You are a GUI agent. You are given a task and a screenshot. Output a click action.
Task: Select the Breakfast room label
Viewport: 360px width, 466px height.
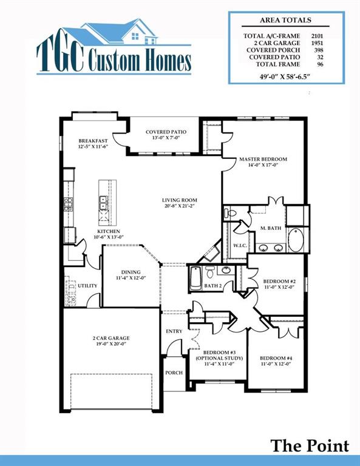92,141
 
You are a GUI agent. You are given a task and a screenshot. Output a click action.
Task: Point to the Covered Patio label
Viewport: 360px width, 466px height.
166,132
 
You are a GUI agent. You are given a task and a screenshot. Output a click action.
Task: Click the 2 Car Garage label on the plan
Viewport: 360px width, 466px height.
111,338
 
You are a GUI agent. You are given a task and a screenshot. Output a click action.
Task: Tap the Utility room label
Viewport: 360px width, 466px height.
87,285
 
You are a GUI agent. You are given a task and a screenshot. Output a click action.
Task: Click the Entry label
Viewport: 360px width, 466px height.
174,331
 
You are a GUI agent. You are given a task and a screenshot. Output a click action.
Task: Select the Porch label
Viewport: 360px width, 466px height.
174,373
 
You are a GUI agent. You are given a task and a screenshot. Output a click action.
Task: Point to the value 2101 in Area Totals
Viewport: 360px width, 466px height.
316,36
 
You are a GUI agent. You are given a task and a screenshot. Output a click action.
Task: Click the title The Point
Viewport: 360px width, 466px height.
310,446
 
